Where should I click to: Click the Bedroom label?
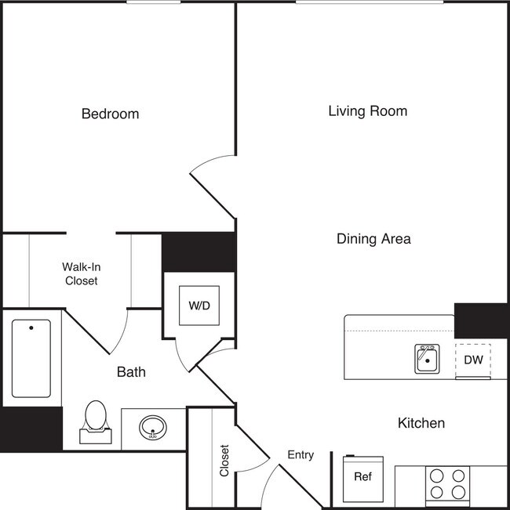pyautogui.click(x=110, y=114)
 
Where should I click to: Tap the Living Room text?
pyautogui.click(x=367, y=111)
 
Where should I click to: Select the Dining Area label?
pyautogui.click(x=373, y=239)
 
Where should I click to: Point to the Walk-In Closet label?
pyautogui.click(x=81, y=273)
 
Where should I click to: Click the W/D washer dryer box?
pyautogui.click(x=199, y=305)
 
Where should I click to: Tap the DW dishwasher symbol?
pyautogui.click(x=473, y=360)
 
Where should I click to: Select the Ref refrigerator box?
pyautogui.click(x=362, y=476)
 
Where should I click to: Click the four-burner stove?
pyautogui.click(x=447, y=483)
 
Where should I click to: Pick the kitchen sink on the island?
pyautogui.click(x=427, y=360)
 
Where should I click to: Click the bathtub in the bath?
pyautogui.click(x=31, y=358)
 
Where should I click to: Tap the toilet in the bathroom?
pyautogui.click(x=95, y=421)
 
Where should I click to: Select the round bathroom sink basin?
pyautogui.click(x=152, y=428)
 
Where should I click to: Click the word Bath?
pyautogui.click(x=131, y=372)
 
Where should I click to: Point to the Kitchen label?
pyautogui.click(x=421, y=423)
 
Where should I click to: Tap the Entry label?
pyautogui.click(x=301, y=454)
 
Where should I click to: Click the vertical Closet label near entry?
pyautogui.click(x=224, y=461)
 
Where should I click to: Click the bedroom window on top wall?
pyautogui.click(x=153, y=2)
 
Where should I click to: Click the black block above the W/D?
pyautogui.click(x=199, y=251)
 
